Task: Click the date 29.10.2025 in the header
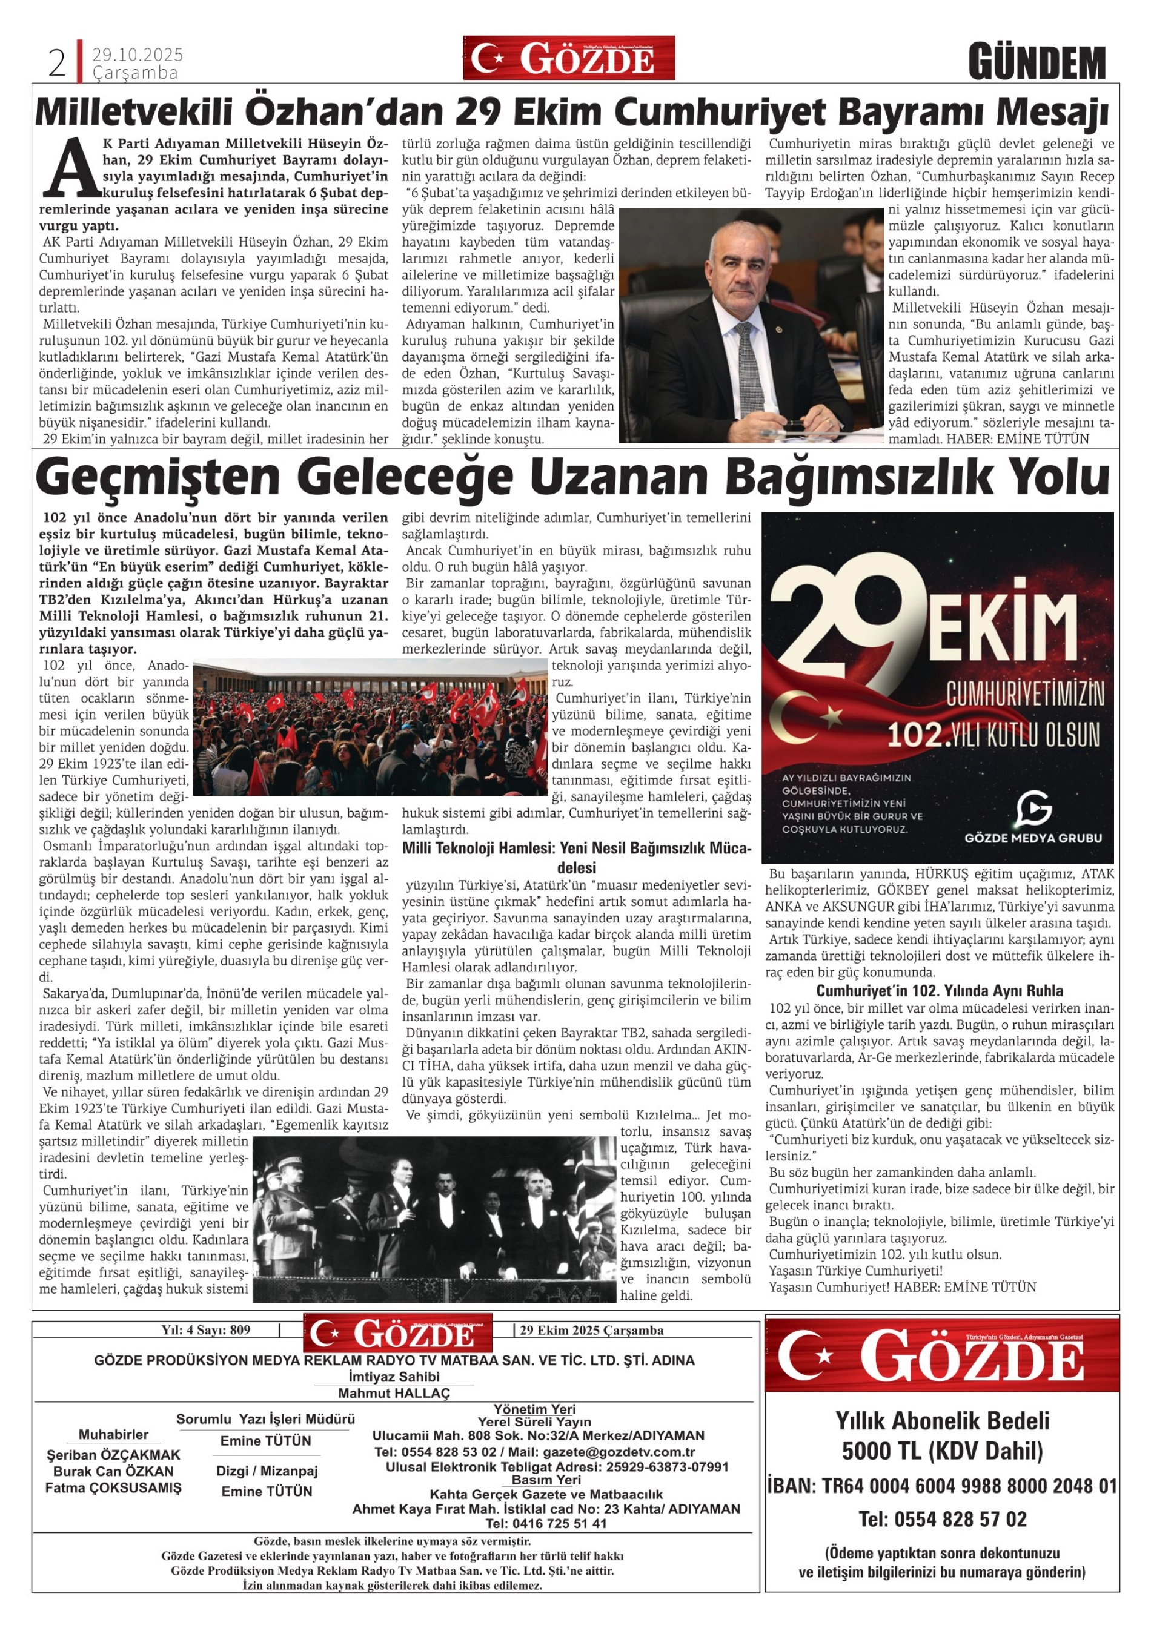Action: [x=138, y=55]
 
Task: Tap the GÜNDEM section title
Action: [x=1037, y=62]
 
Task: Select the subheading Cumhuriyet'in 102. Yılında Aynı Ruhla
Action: [x=939, y=991]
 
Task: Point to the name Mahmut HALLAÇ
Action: [x=394, y=1392]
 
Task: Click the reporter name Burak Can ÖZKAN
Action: [x=113, y=1471]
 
